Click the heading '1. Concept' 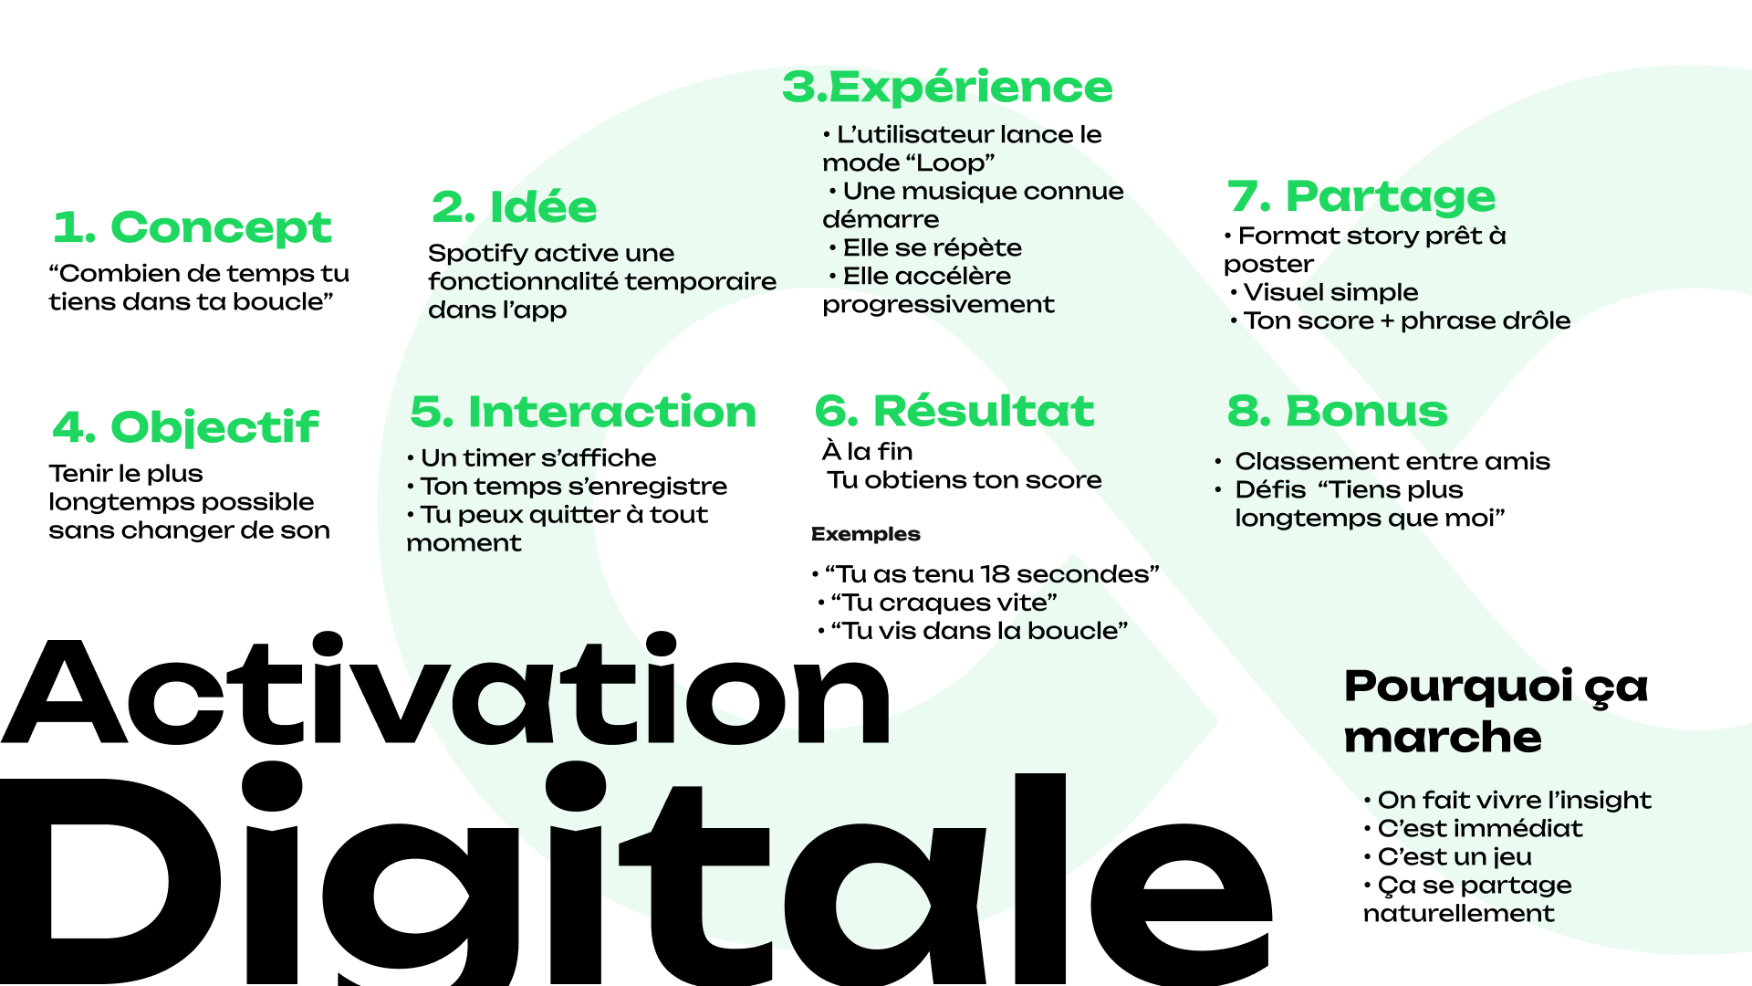(x=192, y=227)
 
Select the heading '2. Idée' (x=514, y=207)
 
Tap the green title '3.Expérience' (x=947, y=88)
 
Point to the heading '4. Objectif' (x=185, y=427)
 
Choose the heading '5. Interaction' (x=583, y=412)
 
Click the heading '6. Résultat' (x=954, y=411)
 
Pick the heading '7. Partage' (x=1361, y=196)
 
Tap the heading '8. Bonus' (x=1337, y=411)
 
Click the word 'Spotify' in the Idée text (x=478, y=254)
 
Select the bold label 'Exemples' (x=865, y=534)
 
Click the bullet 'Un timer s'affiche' (x=537, y=457)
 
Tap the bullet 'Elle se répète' (x=931, y=248)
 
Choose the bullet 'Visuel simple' (x=1330, y=292)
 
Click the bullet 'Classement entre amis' (x=1392, y=461)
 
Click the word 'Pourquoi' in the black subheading (x=1457, y=687)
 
